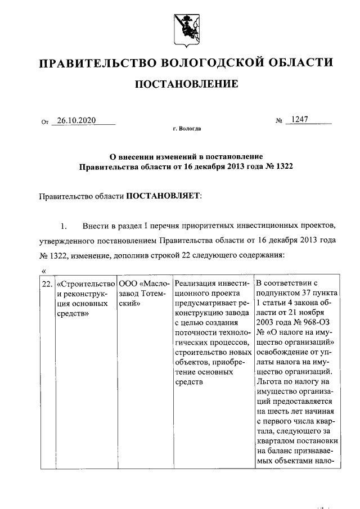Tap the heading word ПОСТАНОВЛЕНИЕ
[x=186, y=85]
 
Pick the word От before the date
[x=46, y=121]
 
